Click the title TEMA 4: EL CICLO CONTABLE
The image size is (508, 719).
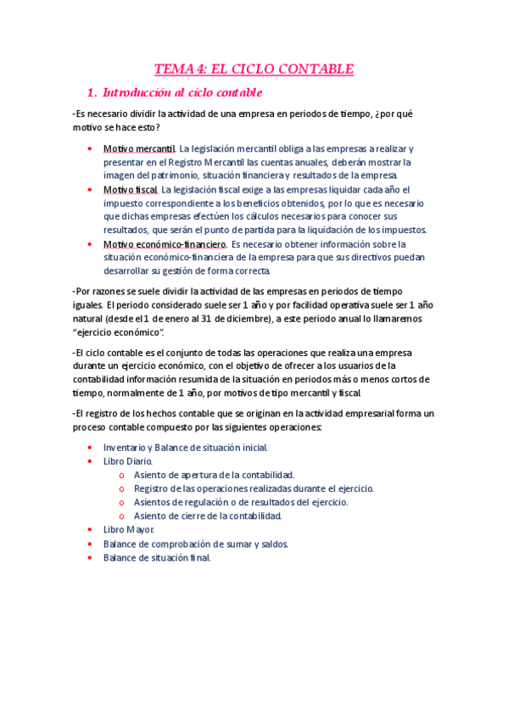click(254, 69)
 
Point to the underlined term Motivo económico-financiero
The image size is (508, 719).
click(165, 244)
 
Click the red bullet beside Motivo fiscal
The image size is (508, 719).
click(91, 189)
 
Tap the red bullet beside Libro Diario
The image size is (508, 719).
click(91, 461)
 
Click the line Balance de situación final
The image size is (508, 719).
click(157, 558)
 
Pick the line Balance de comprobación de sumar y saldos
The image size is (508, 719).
click(196, 544)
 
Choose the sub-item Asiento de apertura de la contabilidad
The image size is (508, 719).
click(214, 475)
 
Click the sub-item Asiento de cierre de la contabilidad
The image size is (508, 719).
click(208, 516)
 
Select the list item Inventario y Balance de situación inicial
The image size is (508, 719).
click(186, 447)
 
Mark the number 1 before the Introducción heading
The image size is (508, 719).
click(90, 92)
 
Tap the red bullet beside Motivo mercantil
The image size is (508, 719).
click(91, 148)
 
